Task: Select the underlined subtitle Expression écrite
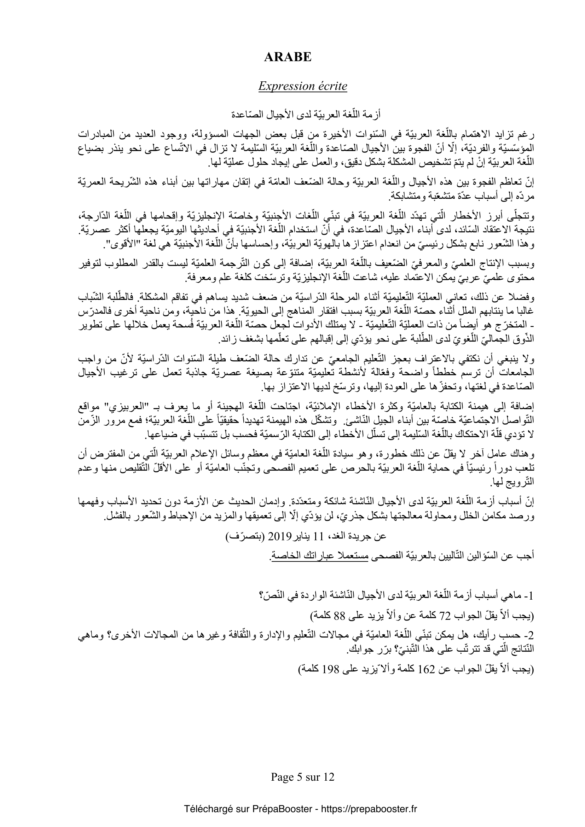303,86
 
